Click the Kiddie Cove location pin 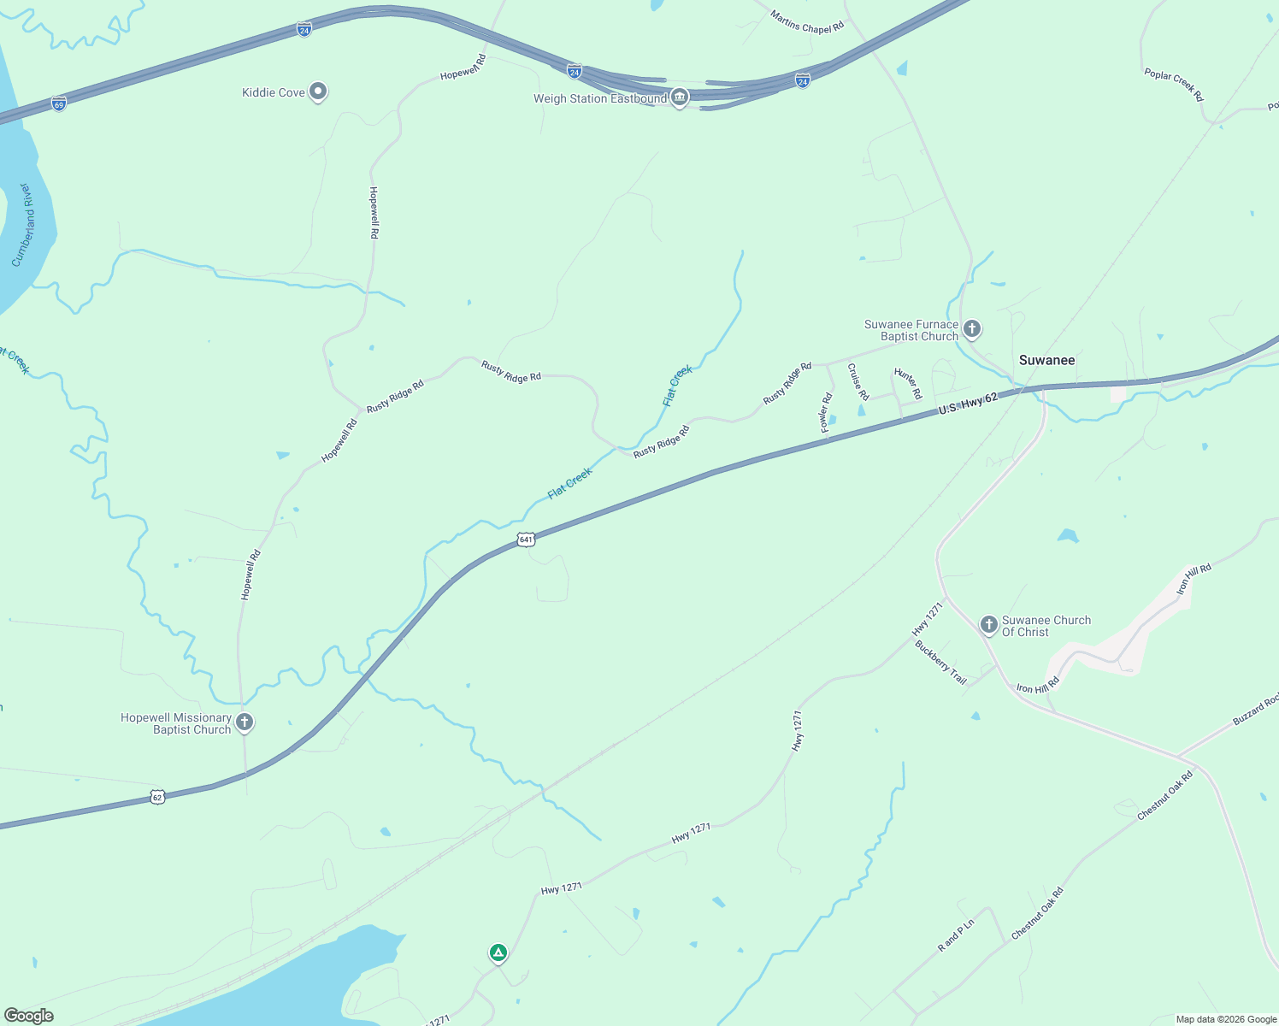tap(318, 91)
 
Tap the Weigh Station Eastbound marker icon tap(680, 97)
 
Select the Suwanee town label tap(1046, 360)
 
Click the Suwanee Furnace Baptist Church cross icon tap(972, 328)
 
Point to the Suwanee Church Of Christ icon tap(989, 625)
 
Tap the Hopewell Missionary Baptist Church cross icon tap(245, 722)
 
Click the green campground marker tap(498, 952)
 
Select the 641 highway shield tap(526, 540)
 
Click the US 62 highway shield tap(156, 797)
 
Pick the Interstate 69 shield tap(58, 104)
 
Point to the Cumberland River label tap(23, 225)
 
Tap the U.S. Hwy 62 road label tap(968, 404)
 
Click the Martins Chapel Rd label tap(807, 21)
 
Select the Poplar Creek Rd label tap(1174, 85)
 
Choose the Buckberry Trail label tap(940, 663)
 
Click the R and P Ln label tap(956, 935)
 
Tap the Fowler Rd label tap(826, 412)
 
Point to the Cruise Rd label tap(858, 381)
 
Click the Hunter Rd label tap(908, 383)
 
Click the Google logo tap(29, 1016)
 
